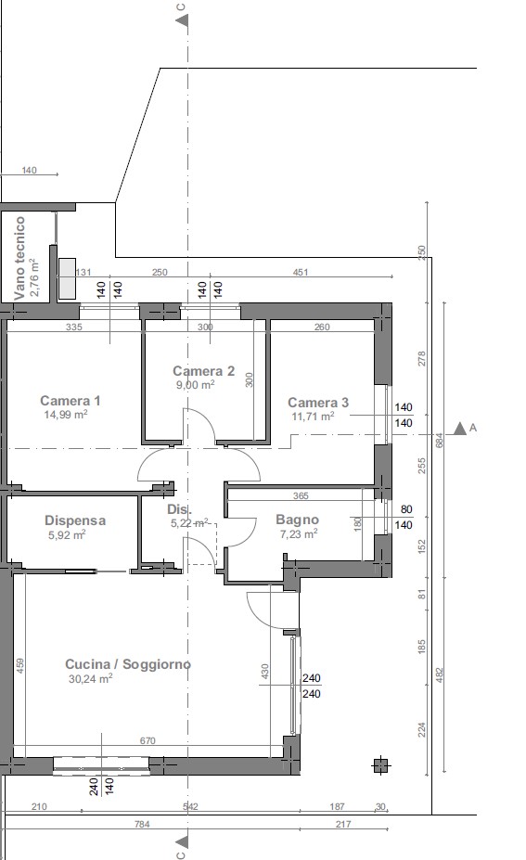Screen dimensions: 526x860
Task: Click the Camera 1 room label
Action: click(71, 401)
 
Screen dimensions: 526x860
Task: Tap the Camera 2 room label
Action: click(203, 371)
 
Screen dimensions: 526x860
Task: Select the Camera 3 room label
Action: click(318, 403)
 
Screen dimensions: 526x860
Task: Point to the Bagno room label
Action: click(297, 520)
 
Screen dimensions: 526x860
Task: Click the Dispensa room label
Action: click(75, 520)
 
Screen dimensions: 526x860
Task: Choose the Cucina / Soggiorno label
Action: click(128, 664)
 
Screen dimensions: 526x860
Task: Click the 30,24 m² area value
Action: click(91, 679)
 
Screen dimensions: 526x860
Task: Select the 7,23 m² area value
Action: click(299, 534)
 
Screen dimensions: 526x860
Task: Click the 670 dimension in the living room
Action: click(148, 741)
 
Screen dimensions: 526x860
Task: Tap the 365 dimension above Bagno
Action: click(301, 495)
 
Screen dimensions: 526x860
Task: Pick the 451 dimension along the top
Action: click(301, 272)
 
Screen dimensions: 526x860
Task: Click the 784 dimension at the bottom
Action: click(142, 824)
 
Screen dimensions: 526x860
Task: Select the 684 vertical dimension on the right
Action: click(439, 441)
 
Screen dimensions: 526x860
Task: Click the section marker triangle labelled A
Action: click(459, 429)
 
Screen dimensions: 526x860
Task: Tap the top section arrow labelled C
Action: click(182, 20)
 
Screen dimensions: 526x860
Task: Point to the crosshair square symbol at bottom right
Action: click(381, 765)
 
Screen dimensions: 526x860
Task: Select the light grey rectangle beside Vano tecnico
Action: click(67, 279)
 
